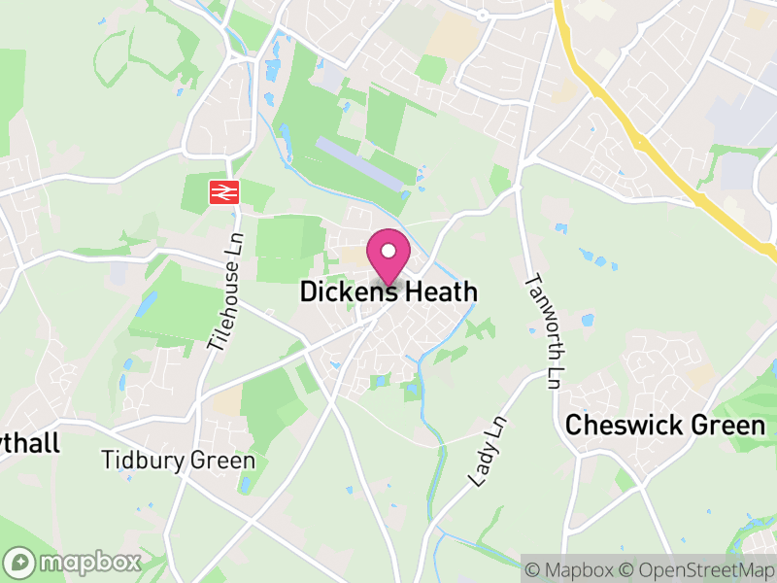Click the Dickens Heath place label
coord(388,291)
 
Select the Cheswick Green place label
coord(665,425)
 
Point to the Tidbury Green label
coord(179,461)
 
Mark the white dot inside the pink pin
coord(388,251)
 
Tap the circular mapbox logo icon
coord(19,563)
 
